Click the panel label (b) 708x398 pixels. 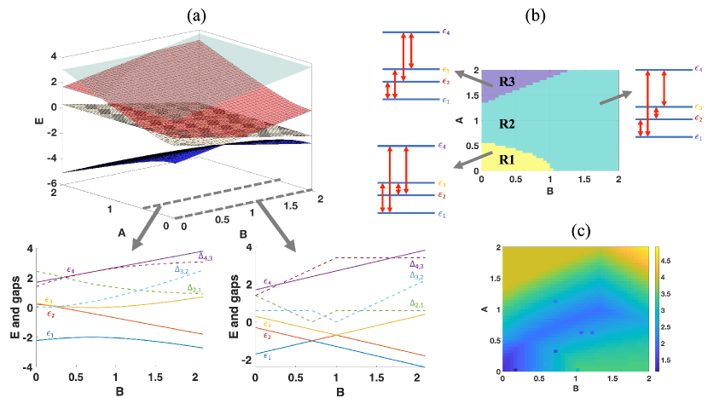click(539, 14)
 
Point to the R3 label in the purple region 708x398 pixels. click(508, 83)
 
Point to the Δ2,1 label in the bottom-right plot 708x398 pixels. click(418, 303)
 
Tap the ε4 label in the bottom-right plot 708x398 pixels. click(268, 281)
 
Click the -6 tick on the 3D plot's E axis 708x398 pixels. click(54, 183)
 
